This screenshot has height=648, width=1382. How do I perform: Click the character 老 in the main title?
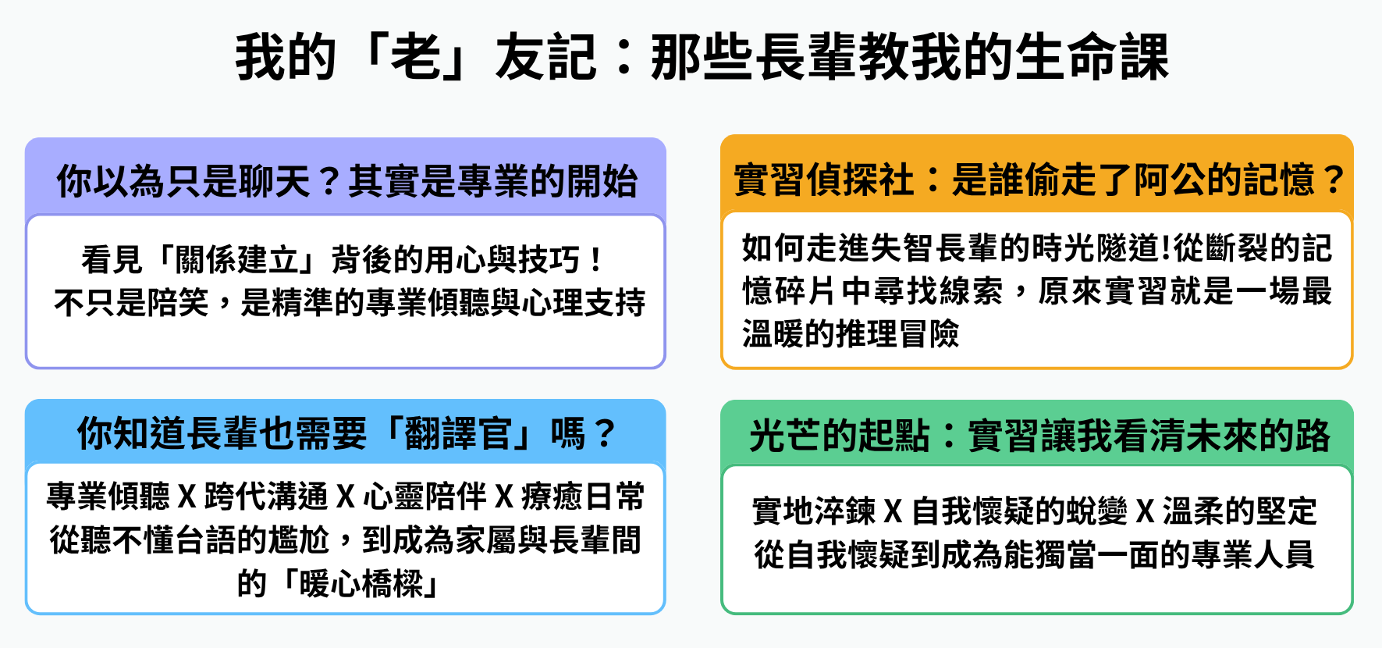[x=416, y=57]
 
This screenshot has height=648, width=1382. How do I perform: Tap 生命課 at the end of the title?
[x=1092, y=57]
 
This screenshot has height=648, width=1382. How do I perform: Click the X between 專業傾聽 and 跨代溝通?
[x=187, y=497]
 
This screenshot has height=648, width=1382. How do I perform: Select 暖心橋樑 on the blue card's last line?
[x=361, y=583]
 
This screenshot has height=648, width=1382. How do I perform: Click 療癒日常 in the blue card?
[x=583, y=497]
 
